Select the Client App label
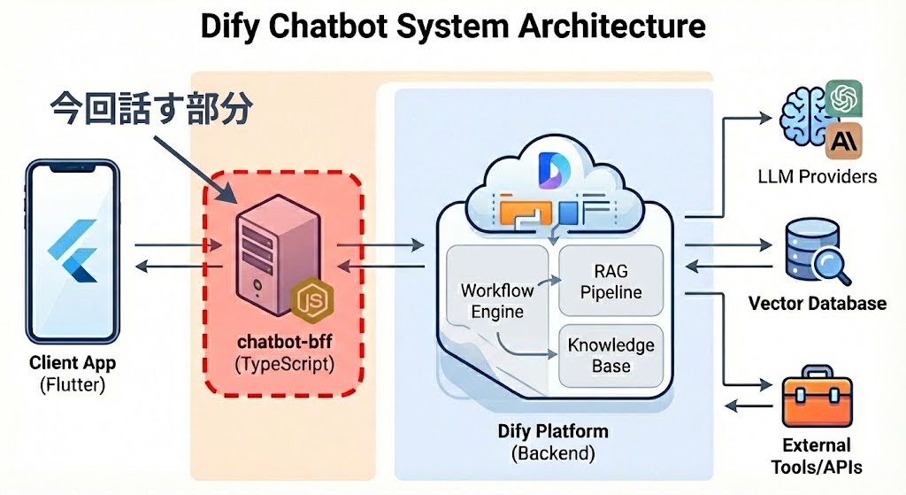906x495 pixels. [x=73, y=362]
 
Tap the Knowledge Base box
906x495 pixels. [x=610, y=355]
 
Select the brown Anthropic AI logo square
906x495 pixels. [x=843, y=139]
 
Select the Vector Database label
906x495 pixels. [x=817, y=304]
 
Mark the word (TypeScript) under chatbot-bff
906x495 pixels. [x=283, y=363]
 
